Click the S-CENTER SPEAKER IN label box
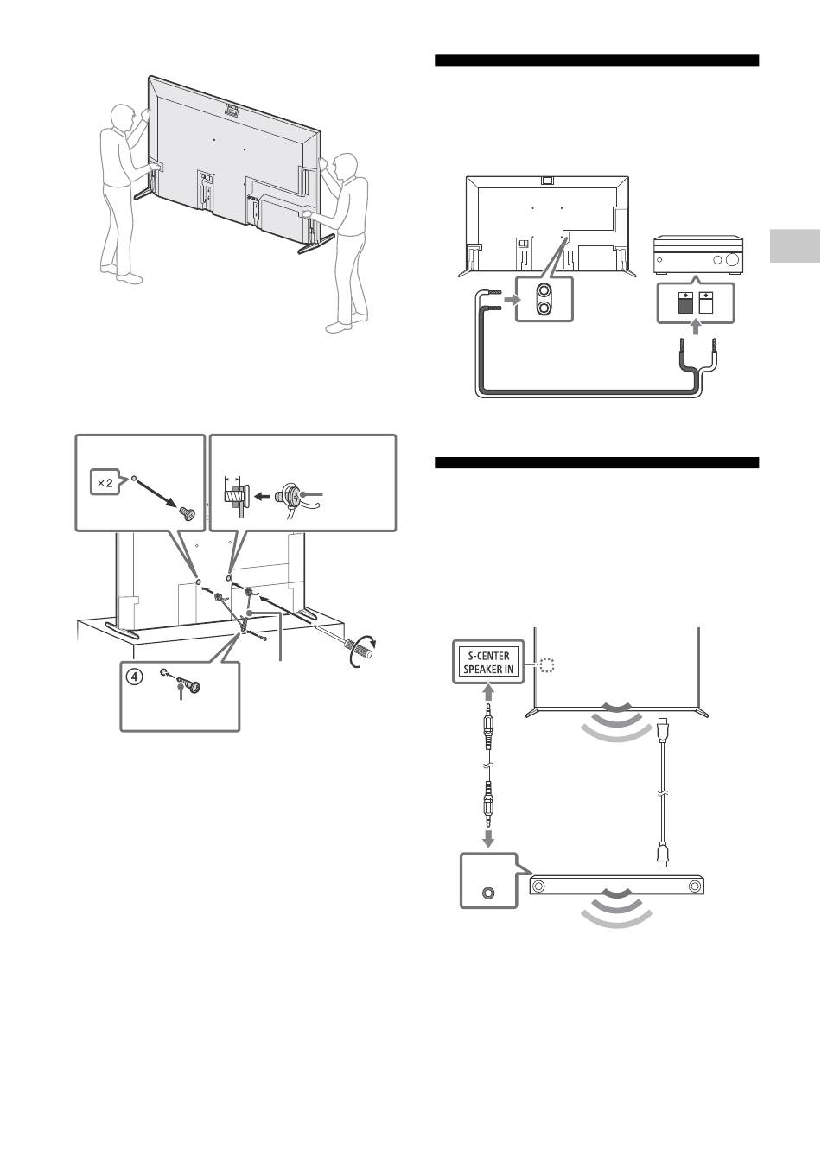click(487, 662)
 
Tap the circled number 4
click(135, 677)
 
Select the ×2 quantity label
click(105, 483)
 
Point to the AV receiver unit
click(698, 255)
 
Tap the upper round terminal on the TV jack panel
click(544, 291)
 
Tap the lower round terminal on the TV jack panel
click(544, 308)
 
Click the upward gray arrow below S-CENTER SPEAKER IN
click(488, 692)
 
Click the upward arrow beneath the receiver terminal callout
click(696, 327)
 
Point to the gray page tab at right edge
click(795, 245)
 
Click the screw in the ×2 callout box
click(187, 513)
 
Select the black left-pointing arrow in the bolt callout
click(264, 496)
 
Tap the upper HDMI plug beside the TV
click(662, 729)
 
